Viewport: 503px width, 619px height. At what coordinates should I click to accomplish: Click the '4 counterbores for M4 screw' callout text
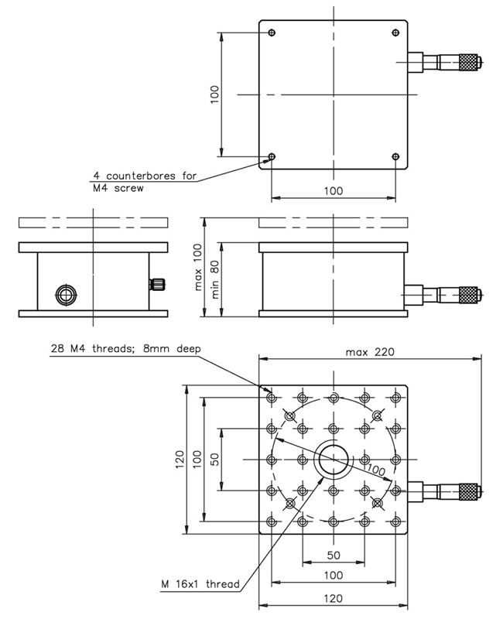pos(143,181)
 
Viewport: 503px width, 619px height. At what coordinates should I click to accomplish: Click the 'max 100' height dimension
pos(198,267)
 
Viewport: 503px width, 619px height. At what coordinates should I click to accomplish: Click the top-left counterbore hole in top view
pos(272,32)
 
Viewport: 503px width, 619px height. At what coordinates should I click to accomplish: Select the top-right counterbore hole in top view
pos(395,32)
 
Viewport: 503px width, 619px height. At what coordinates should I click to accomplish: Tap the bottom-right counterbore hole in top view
pos(395,157)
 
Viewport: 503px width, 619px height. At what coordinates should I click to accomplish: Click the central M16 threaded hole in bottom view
pos(334,459)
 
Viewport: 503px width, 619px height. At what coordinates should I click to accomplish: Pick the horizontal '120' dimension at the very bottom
pos(334,598)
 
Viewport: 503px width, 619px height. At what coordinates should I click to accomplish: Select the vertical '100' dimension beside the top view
pos(215,94)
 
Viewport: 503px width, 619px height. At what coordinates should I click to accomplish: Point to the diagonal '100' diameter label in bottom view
pos(375,470)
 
